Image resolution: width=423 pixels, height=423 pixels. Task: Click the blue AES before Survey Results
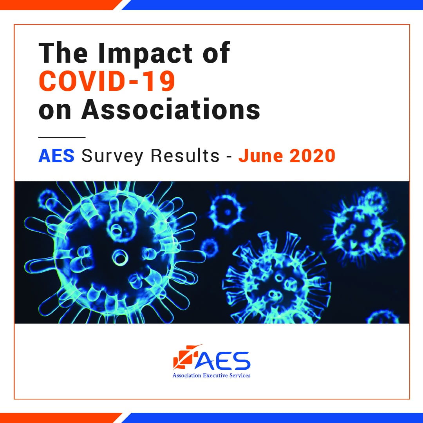tap(56, 156)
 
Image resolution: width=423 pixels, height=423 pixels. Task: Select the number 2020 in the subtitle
tap(313, 156)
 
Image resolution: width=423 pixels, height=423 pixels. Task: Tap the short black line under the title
tap(61, 137)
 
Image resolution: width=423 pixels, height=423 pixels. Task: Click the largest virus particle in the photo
tap(114, 251)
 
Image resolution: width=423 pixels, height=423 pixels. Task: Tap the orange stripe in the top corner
tap(59, 4)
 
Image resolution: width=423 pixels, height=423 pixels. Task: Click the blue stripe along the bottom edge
tap(274, 418)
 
